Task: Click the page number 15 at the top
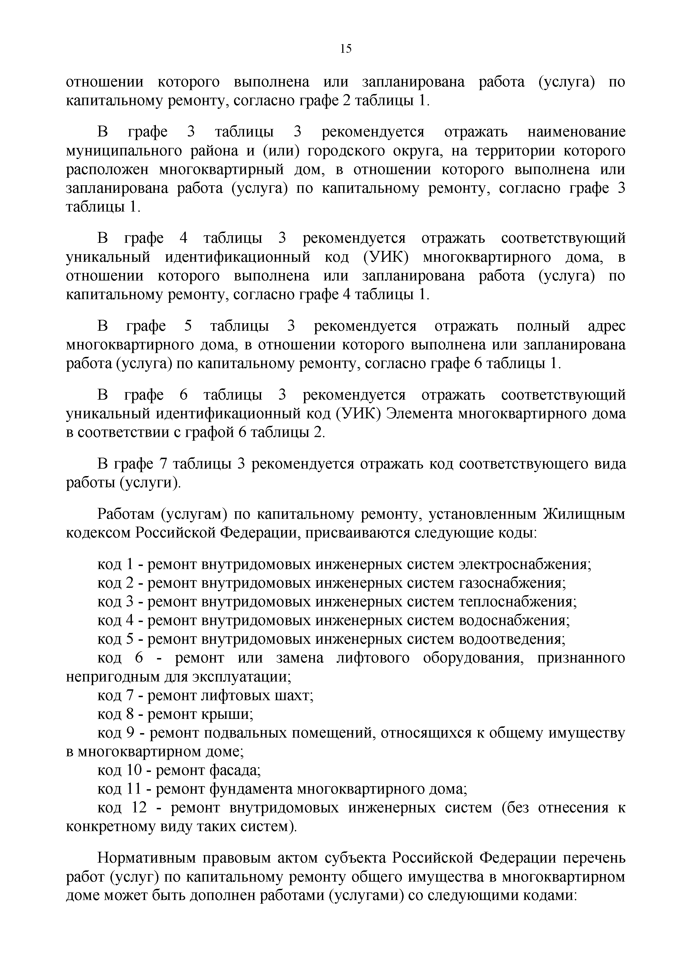click(346, 49)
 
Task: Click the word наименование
click(577, 132)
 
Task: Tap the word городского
click(347, 151)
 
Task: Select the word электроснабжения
click(524, 565)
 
